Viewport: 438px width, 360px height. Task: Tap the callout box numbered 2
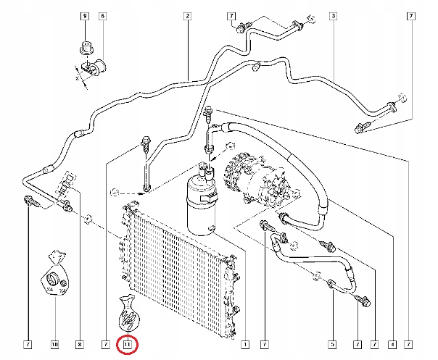pyautogui.click(x=187, y=16)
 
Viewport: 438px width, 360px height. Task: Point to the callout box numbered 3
pyautogui.click(x=333, y=16)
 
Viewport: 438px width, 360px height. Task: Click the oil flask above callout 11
pyautogui.click(x=128, y=313)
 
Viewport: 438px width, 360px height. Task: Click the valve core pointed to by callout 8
pyautogui.click(x=67, y=181)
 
